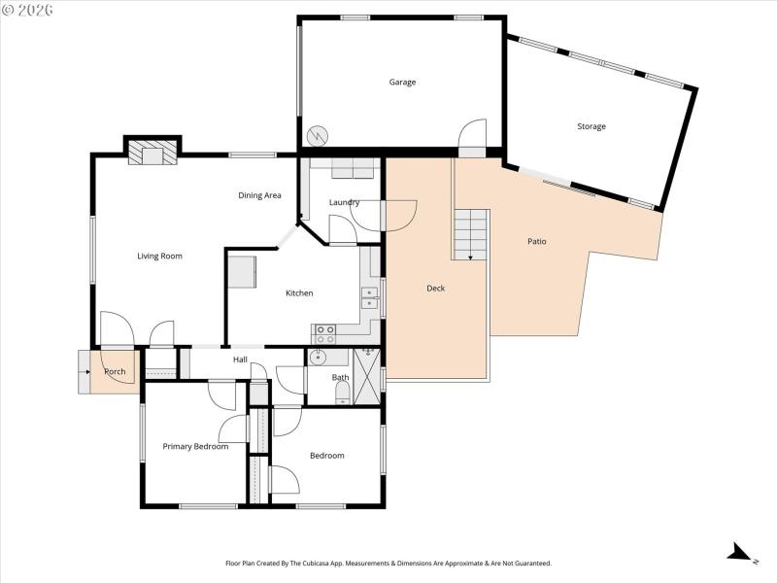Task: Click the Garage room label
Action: (402, 83)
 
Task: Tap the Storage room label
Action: (591, 127)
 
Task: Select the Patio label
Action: (536, 241)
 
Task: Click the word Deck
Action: (436, 288)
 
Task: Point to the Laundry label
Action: (344, 202)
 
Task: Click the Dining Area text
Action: (259, 195)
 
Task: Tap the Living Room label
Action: (159, 257)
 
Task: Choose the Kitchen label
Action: (299, 293)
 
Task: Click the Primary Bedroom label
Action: (195, 447)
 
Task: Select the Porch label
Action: (115, 372)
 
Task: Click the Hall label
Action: (240, 360)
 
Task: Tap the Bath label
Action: (340, 377)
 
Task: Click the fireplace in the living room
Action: (152, 154)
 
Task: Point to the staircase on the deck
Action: (470, 234)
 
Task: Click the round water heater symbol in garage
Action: (318, 135)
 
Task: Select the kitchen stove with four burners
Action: (324, 334)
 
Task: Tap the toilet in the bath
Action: (343, 394)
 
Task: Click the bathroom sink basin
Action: (317, 359)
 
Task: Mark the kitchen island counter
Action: (242, 272)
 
